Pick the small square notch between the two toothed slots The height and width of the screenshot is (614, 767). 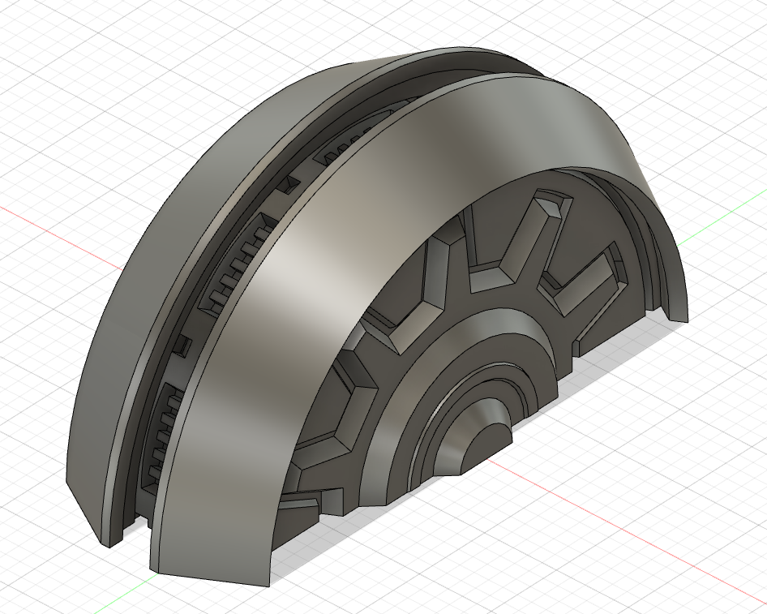pyautogui.click(x=184, y=346)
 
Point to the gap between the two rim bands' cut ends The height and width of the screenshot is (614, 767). pyautogui.click(x=138, y=535)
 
